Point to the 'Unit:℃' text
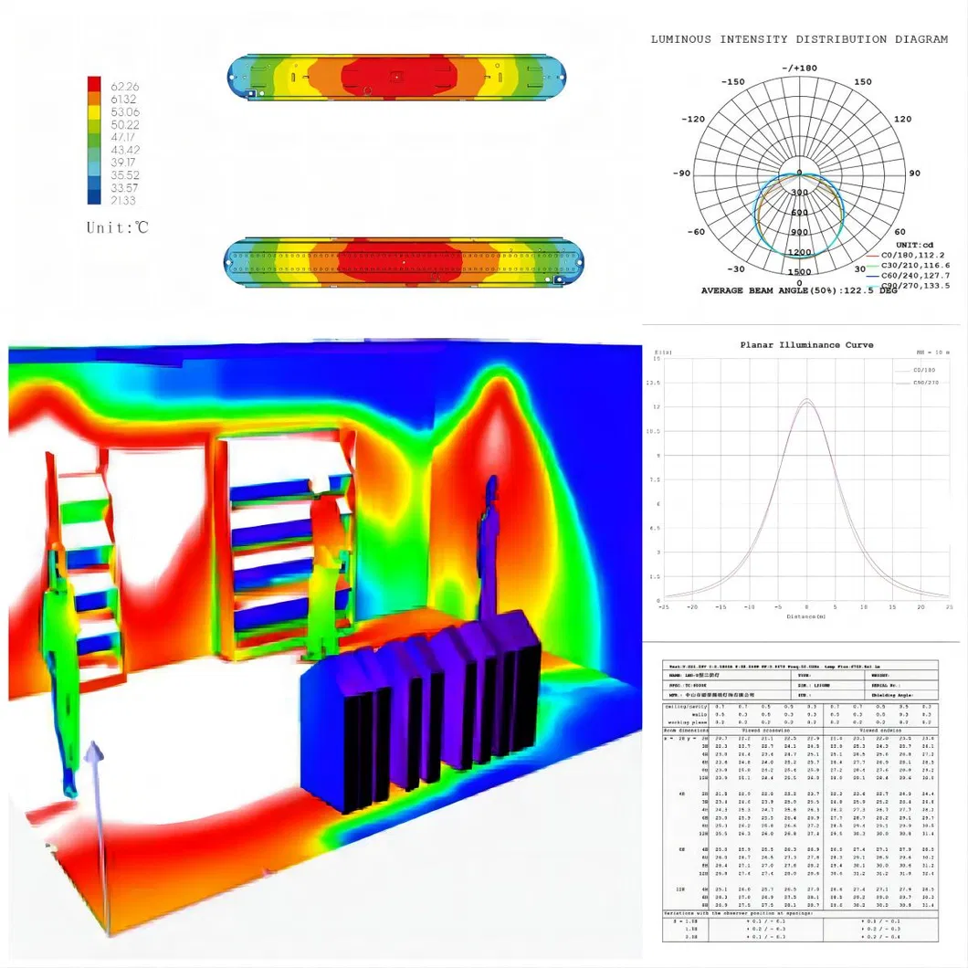117,227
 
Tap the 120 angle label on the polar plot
902,120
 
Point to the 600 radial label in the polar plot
799,213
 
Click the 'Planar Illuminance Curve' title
806,345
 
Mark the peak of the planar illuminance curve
806,399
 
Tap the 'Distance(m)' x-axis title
805,616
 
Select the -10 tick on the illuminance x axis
749,606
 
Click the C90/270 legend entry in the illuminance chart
926,383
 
